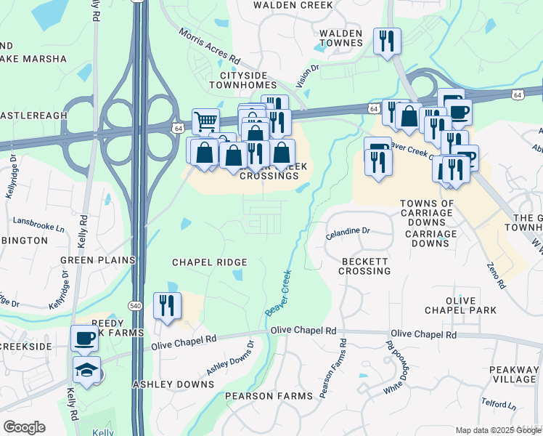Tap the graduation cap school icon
(86, 371)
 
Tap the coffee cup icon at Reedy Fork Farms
(84, 338)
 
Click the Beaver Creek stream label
(277, 293)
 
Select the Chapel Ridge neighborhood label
(210, 262)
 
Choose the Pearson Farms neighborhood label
(269, 396)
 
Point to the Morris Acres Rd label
(209, 46)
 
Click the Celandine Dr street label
(348, 230)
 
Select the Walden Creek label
(293, 5)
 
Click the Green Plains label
(98, 259)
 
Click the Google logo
(24, 427)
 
